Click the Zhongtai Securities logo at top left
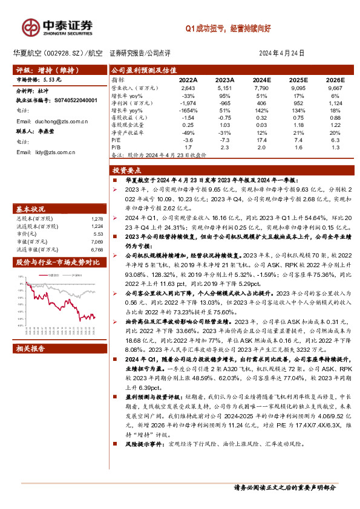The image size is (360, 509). [57, 27]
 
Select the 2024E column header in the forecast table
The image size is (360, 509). [261, 80]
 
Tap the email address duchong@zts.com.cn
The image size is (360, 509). [51, 122]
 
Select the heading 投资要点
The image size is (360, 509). [129, 170]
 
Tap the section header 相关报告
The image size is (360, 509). [31, 348]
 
